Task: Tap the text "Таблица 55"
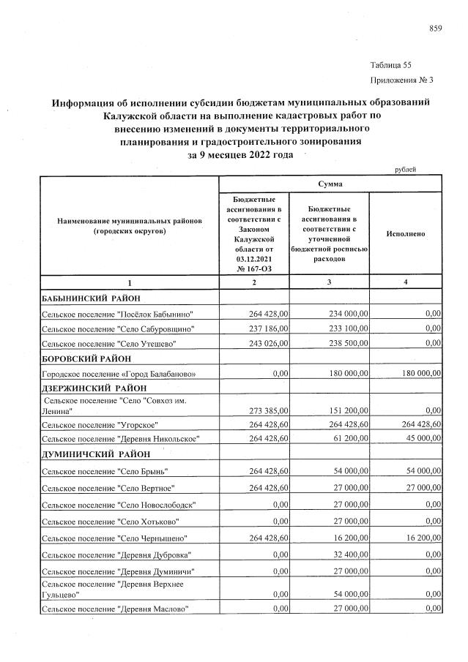point(391,65)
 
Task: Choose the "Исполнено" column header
point(405,233)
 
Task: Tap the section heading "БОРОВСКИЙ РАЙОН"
point(86,358)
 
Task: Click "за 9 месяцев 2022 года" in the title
point(240,154)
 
